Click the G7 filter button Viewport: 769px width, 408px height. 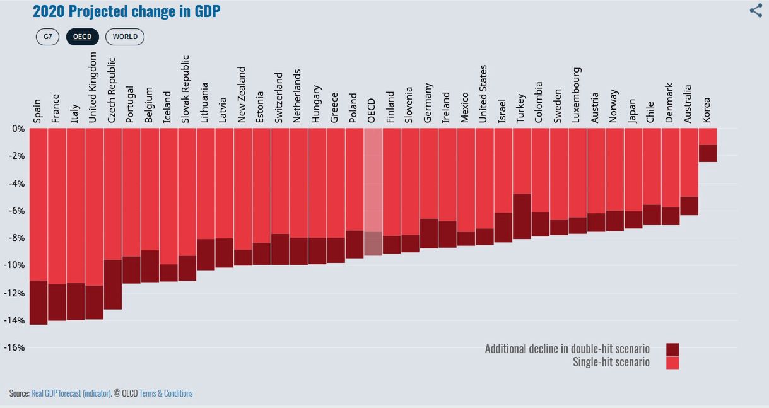coord(47,37)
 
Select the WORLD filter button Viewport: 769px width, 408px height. coord(125,37)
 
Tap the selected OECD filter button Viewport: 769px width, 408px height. coord(82,37)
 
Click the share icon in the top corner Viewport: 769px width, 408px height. coord(756,11)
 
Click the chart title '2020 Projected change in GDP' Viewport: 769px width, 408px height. coord(126,11)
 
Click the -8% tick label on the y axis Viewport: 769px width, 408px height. coord(16,238)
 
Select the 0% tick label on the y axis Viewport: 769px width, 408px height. coord(18,129)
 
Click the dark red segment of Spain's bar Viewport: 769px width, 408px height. coord(38,303)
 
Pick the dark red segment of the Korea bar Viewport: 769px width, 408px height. coord(708,153)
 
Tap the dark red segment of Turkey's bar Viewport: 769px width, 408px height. coord(522,216)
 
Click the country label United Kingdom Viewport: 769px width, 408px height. coord(92,87)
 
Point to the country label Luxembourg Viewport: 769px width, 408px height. coord(577,95)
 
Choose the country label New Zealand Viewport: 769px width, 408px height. coord(242,94)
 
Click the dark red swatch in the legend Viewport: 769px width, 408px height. coord(672,349)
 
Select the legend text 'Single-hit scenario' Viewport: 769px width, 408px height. coord(611,362)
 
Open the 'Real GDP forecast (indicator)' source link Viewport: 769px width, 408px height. coord(71,393)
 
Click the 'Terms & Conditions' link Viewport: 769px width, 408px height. coord(166,393)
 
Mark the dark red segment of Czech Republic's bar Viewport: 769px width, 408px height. coord(113,284)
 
